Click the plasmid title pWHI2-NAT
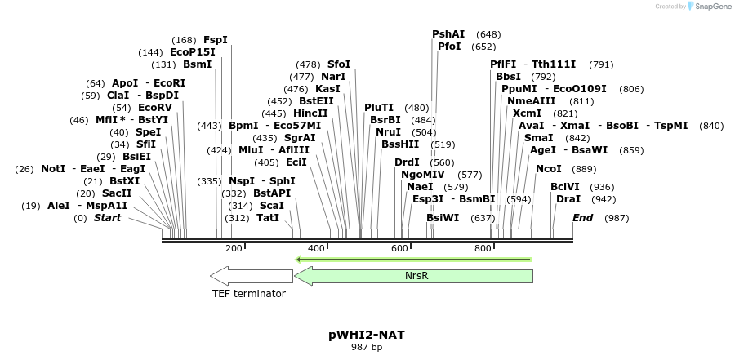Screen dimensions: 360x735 pyautogui.click(x=367, y=335)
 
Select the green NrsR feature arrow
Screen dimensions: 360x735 pyautogui.click(x=413, y=276)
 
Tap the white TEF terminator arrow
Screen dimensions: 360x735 pyautogui.click(x=251, y=276)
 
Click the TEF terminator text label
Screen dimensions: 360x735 pyautogui.click(x=249, y=294)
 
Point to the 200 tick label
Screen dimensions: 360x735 pyautogui.click(x=234, y=248)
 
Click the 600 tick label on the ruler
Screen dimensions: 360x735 pyautogui.click(x=399, y=248)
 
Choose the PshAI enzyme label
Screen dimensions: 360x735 pyautogui.click(x=448, y=34)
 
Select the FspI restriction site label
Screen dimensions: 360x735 pyautogui.click(x=216, y=40)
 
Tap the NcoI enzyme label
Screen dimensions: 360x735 pyautogui.click(x=549, y=169)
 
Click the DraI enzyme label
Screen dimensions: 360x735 pyautogui.click(x=568, y=199)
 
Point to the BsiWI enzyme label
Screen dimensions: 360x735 pyautogui.click(x=443, y=218)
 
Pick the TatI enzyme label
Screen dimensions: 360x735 pyautogui.click(x=268, y=218)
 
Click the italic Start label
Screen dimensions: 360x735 pyautogui.click(x=107, y=218)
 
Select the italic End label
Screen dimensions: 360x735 pyautogui.click(x=582, y=218)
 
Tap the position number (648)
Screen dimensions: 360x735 pyautogui.click(x=488, y=34)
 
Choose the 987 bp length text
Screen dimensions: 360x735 pyautogui.click(x=367, y=348)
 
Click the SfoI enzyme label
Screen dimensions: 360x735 pyautogui.click(x=339, y=64)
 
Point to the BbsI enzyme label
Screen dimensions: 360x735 pyautogui.click(x=508, y=77)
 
